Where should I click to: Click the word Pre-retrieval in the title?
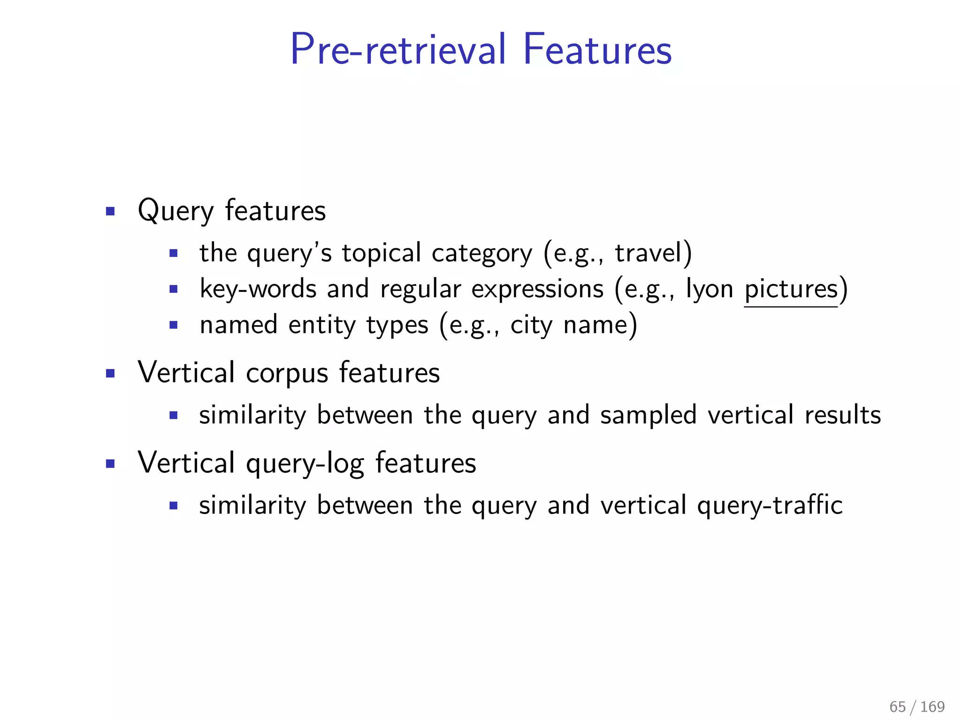click(x=398, y=49)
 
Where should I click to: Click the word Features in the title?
click(x=597, y=49)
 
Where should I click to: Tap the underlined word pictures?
click(x=791, y=289)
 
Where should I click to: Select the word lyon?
click(x=709, y=289)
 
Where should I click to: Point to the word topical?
click(x=381, y=253)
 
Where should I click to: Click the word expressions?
click(x=537, y=289)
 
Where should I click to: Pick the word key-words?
click(x=258, y=289)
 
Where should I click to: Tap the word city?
click(x=531, y=325)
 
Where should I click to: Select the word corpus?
click(x=287, y=374)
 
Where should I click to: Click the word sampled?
click(x=648, y=415)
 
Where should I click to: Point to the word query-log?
click(x=305, y=464)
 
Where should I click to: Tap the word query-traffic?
click(x=770, y=506)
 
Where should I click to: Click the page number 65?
click(x=897, y=706)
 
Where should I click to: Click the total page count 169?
click(x=932, y=706)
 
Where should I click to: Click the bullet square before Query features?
click(x=110, y=211)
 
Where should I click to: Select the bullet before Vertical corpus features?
click(x=110, y=374)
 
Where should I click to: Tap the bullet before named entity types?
click(x=174, y=325)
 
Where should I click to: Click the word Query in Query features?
click(x=175, y=211)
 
